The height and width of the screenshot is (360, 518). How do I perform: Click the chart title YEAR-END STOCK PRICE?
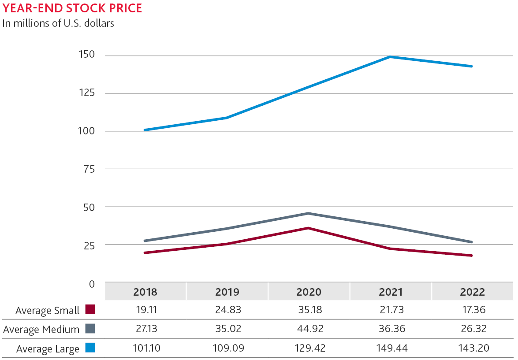[x=72, y=8]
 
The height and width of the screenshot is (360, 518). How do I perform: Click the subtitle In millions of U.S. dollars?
[x=58, y=23]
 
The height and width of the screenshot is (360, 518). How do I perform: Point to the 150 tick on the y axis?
[x=86, y=55]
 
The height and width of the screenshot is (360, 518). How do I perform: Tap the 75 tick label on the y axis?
[x=89, y=169]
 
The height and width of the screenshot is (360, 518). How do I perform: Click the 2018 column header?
[x=145, y=292]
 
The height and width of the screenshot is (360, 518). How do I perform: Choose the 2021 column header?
[x=391, y=292]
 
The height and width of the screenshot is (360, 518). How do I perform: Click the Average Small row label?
[x=47, y=310]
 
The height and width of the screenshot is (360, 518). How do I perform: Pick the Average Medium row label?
[x=41, y=329]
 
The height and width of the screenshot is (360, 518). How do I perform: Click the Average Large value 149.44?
[x=391, y=348]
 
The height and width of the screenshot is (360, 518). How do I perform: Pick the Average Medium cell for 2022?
[x=472, y=329]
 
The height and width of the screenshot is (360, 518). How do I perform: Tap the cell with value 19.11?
[x=145, y=310]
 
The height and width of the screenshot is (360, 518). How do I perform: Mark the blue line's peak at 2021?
[x=391, y=57]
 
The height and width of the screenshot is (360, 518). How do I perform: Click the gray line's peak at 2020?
[x=309, y=213]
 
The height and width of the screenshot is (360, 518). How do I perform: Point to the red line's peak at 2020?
[x=309, y=228]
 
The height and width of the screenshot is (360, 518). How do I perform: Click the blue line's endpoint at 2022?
[x=472, y=66]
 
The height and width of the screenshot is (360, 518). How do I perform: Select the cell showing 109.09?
[x=227, y=348]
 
